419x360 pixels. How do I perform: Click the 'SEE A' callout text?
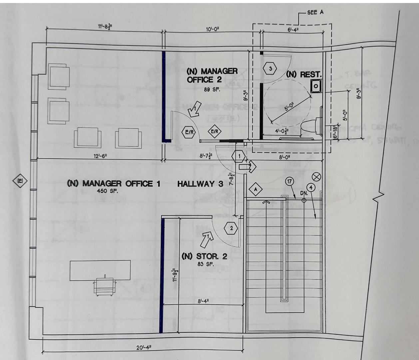(315, 12)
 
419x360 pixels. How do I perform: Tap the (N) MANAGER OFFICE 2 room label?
(212, 75)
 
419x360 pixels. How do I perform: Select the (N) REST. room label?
(304, 74)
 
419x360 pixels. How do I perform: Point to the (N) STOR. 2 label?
(204, 256)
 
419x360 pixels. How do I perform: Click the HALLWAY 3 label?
(200, 184)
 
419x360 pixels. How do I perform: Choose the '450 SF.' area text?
(107, 191)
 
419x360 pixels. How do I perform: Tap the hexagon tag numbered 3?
(270, 69)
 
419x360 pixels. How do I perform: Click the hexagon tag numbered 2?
(231, 229)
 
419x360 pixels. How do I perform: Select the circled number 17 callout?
(289, 181)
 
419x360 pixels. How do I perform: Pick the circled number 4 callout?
(310, 187)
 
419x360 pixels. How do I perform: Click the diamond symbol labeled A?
(256, 189)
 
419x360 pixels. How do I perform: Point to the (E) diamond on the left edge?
(20, 181)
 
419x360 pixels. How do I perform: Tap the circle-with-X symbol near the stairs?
(316, 177)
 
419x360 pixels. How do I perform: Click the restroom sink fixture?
(315, 86)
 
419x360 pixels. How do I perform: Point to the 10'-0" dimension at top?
(212, 29)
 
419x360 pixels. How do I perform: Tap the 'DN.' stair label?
(304, 193)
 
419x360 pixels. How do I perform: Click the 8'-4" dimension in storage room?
(203, 301)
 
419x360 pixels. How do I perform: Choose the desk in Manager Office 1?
(100, 270)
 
